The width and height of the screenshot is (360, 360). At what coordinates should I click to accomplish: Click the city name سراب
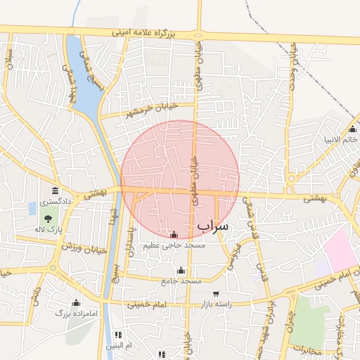[214, 225]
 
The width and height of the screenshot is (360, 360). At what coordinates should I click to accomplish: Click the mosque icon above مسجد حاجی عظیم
[174, 234]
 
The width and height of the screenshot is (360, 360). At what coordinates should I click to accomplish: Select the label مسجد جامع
[181, 281]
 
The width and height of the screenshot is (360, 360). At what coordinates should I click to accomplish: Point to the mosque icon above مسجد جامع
[181, 270]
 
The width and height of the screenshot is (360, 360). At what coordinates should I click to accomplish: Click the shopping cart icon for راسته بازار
[215, 293]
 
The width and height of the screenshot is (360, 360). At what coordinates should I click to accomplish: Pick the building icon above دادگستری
[55, 191]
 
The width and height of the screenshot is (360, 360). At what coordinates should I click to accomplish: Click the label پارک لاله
[50, 229]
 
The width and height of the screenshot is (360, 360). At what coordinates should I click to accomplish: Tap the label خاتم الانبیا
[341, 139]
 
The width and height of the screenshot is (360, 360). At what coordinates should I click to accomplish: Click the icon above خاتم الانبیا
[352, 129]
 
